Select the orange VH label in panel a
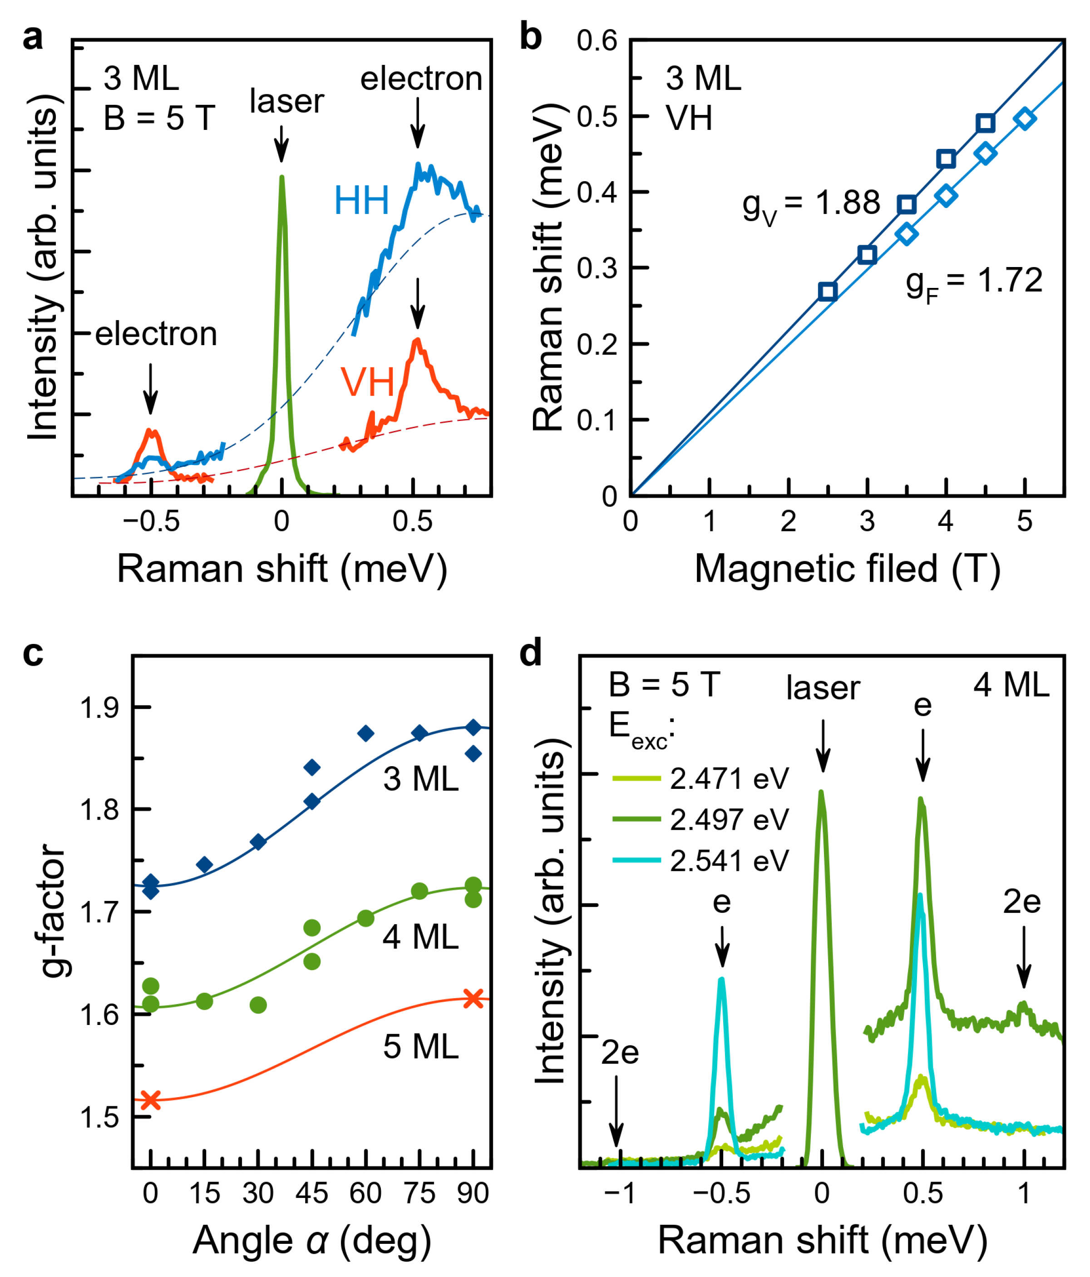click(x=367, y=382)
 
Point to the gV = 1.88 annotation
click(x=811, y=205)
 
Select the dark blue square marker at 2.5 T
click(x=828, y=292)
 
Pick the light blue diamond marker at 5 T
click(x=1025, y=119)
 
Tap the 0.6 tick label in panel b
click(x=597, y=41)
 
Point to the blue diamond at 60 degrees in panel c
click(x=366, y=733)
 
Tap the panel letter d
click(x=531, y=653)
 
